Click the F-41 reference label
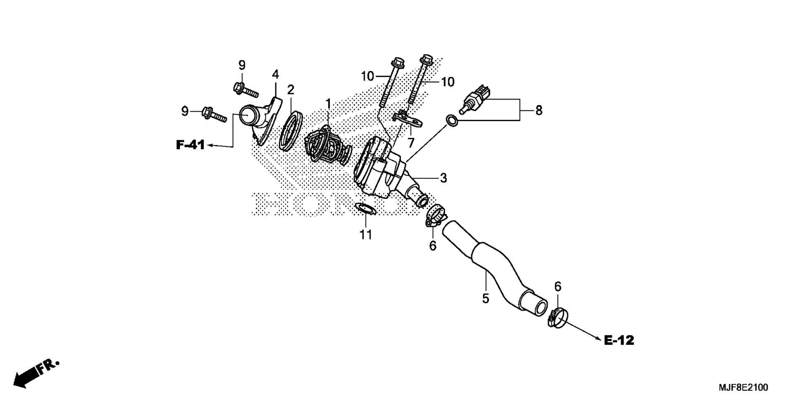point(190,145)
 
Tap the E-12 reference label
point(619,340)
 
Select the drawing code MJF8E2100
point(743,387)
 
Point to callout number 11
point(366,235)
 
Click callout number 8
point(538,110)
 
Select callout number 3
point(443,178)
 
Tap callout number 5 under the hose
point(485,298)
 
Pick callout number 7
point(411,143)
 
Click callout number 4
point(275,74)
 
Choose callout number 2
point(291,89)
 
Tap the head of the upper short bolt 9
point(239,87)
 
